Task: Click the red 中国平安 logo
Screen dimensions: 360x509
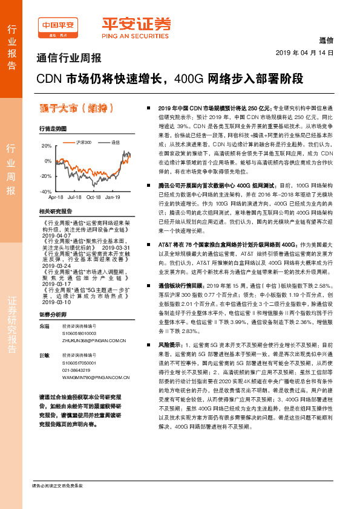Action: (58, 25)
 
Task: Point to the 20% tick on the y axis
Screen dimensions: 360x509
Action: (46, 146)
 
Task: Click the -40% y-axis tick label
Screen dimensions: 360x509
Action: (45, 191)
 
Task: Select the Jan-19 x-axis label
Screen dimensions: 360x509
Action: (113, 197)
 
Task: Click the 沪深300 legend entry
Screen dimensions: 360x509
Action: (83, 142)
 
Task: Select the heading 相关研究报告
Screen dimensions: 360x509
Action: (55, 212)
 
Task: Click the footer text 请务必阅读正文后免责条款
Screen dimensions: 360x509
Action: (57, 485)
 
